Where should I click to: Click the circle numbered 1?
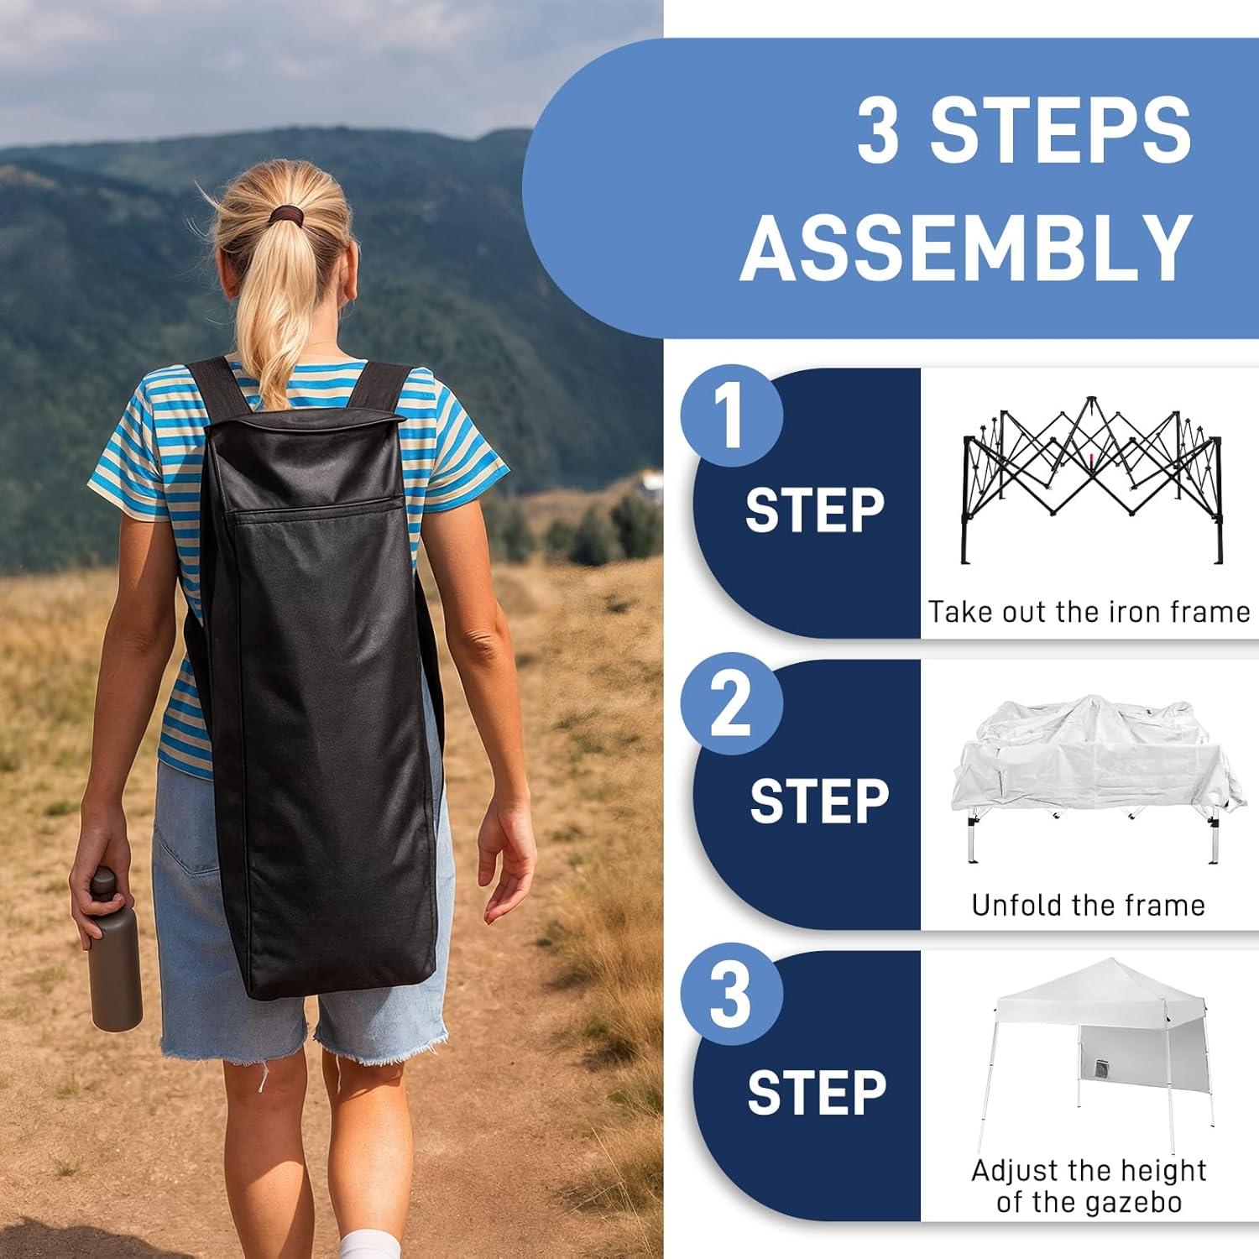point(732,415)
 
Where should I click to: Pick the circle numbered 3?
point(732,996)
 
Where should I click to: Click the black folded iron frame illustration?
point(1093,479)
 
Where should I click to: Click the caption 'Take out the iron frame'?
point(1089,612)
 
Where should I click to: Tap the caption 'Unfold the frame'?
point(1089,905)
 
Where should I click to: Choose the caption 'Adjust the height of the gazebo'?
point(1089,1186)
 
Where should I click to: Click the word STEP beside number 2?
point(819,801)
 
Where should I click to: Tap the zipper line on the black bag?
point(316,507)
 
